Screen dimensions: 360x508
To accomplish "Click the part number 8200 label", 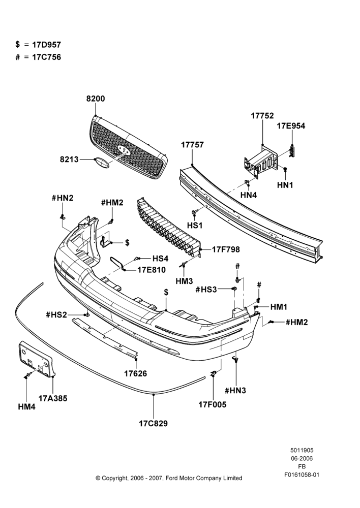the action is [x=96, y=99].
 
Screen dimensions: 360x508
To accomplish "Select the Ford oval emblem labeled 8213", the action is [x=102, y=163].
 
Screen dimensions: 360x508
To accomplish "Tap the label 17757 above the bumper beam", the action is [x=192, y=145].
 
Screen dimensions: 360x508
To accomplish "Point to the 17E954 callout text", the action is [x=291, y=126].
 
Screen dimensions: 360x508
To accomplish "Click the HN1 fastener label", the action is [x=285, y=185].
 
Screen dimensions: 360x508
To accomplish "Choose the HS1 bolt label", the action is [x=195, y=225].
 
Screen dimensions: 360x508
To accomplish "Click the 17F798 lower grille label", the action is [x=226, y=249].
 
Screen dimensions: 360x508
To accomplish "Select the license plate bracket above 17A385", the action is [x=36, y=359].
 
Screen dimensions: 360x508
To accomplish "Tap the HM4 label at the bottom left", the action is [x=26, y=407].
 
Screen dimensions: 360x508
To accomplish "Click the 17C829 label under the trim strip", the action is [x=154, y=424].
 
